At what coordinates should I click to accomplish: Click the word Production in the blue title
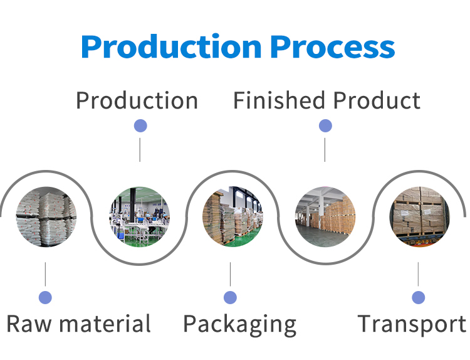171,47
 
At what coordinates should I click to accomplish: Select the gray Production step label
137,100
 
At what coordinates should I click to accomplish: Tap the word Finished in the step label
279,100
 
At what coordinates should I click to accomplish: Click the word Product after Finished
376,100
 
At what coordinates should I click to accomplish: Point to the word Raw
29,324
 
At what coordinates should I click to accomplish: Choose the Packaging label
239,324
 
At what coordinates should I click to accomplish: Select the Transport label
412,324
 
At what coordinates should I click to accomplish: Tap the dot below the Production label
140,126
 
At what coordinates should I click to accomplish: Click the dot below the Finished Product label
325,126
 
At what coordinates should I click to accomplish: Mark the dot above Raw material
45,297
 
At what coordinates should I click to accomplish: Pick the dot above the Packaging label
230,297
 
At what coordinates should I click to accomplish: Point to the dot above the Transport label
419,297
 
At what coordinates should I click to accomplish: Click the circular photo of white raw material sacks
46,216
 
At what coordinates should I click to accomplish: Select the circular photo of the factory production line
140,216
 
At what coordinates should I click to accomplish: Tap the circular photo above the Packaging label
232,216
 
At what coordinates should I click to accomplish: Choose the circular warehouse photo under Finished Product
325,216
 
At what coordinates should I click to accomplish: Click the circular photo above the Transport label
419,216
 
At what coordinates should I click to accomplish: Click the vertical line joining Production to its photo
140,150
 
